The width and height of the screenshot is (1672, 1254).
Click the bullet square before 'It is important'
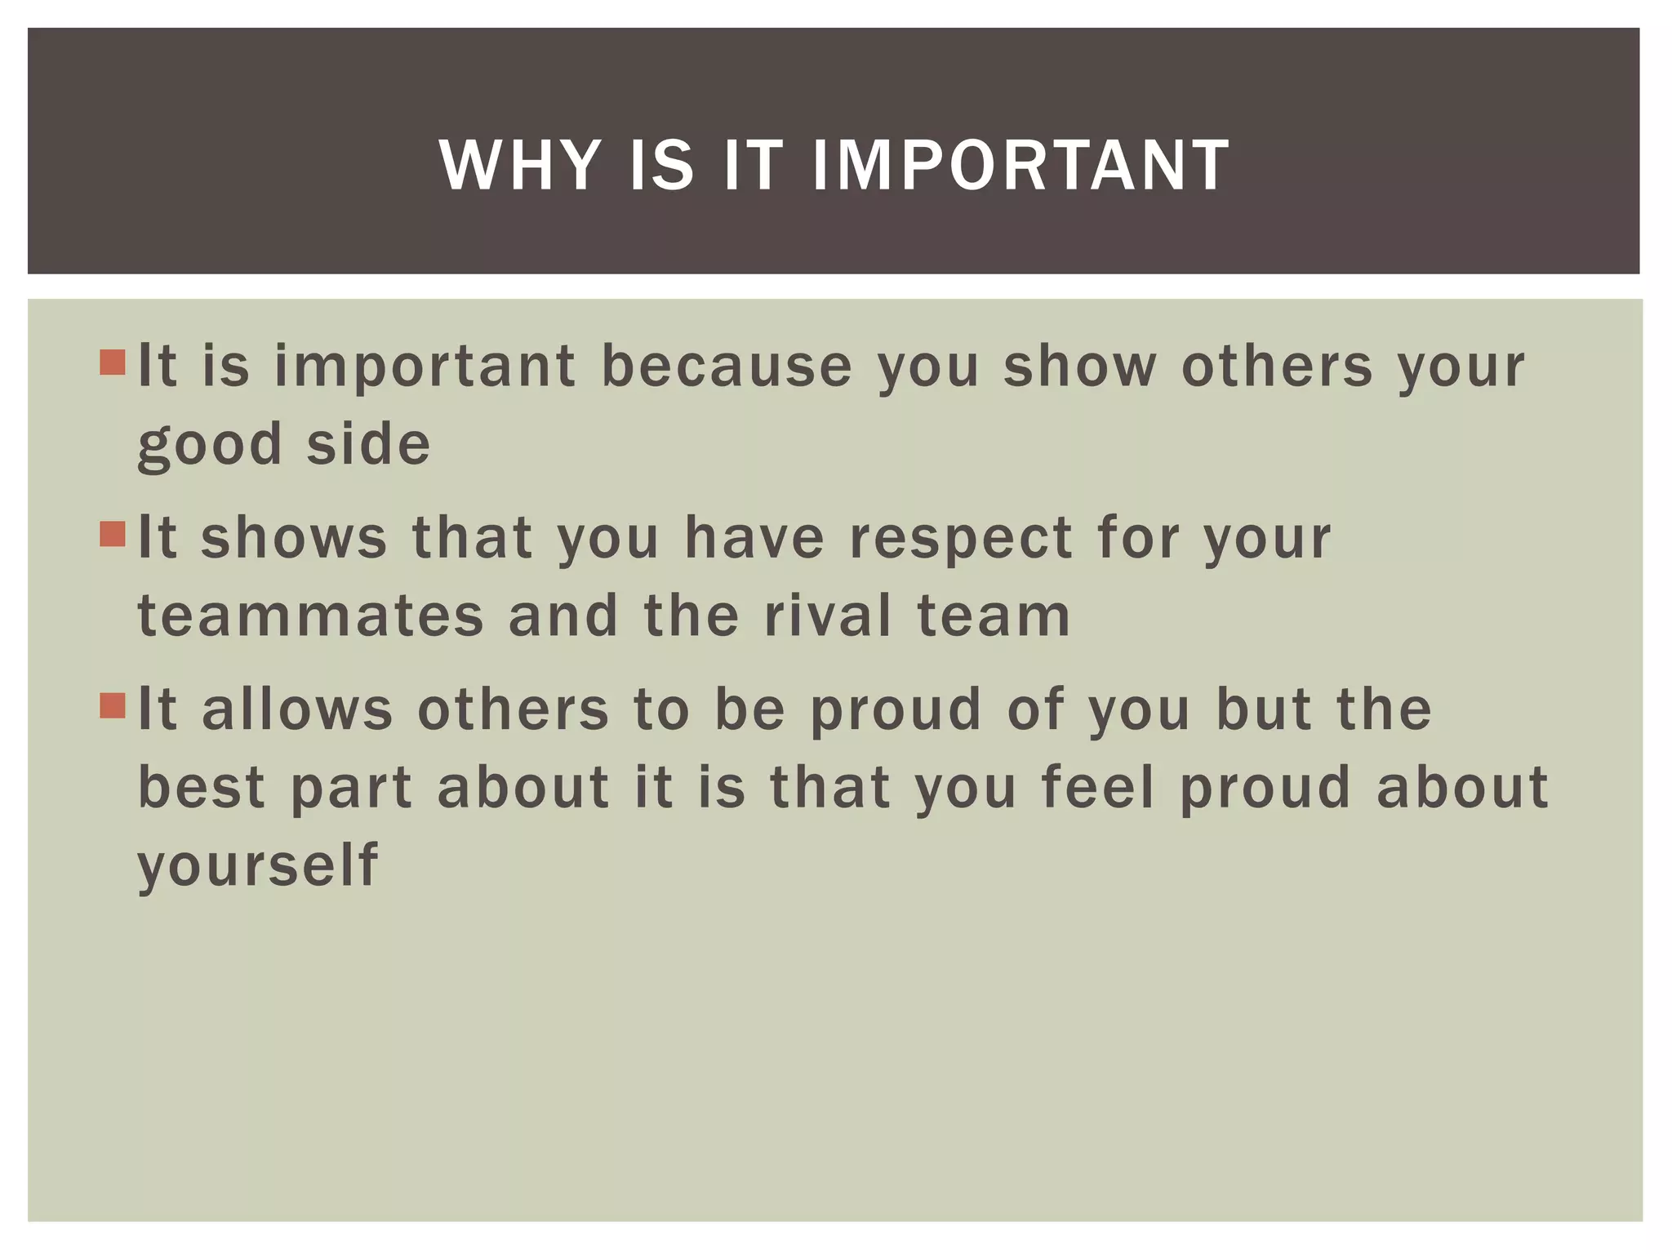click(113, 362)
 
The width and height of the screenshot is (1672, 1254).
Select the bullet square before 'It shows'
click(113, 535)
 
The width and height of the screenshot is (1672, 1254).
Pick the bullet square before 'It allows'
click(113, 706)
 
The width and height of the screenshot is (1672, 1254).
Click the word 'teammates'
click(311, 616)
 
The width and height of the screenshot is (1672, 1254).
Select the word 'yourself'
click(258, 865)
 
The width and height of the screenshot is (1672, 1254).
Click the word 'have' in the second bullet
click(755, 538)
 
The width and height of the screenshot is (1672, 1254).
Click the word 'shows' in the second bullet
click(294, 538)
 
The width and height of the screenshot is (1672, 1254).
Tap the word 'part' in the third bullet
click(352, 789)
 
